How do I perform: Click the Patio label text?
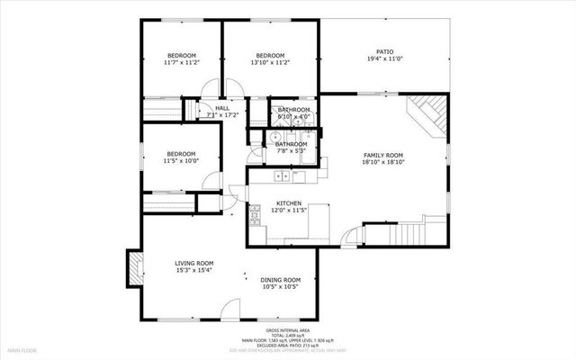tap(384, 52)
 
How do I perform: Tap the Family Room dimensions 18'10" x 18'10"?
tap(383, 163)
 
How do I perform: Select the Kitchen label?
tap(288, 203)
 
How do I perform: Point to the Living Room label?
tap(193, 263)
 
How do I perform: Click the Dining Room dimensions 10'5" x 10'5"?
tap(281, 287)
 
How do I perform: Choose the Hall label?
tap(221, 108)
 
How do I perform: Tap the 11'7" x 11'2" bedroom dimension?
tap(181, 63)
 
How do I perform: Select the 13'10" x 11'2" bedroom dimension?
tap(270, 63)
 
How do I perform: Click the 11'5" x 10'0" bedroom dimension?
tap(181, 161)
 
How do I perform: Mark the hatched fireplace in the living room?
tap(135, 267)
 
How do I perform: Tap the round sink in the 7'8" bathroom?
tap(265, 138)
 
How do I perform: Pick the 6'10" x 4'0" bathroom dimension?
tap(293, 116)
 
